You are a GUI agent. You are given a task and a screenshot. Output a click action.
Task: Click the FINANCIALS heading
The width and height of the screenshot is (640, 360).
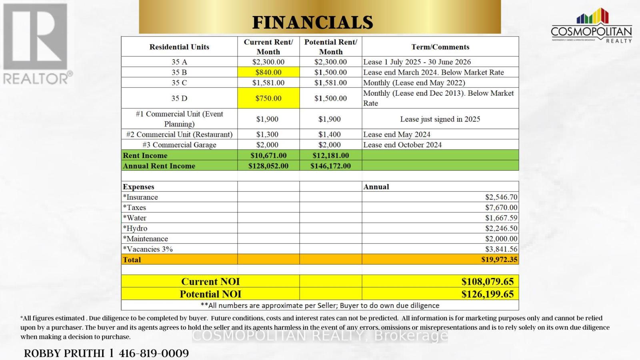[x=312, y=22]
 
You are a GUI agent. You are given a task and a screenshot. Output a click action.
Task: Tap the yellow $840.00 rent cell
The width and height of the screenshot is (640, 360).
[x=268, y=72]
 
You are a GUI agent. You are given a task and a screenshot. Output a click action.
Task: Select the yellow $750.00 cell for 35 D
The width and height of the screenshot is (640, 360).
[x=268, y=98]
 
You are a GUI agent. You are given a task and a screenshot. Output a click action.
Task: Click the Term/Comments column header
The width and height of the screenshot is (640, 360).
[x=440, y=47]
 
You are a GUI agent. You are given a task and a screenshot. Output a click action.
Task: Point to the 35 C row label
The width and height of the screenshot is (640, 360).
[x=179, y=83]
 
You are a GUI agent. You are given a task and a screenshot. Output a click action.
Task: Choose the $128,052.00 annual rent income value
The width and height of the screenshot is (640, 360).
[x=268, y=166]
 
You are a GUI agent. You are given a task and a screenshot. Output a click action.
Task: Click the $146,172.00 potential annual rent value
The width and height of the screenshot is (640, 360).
[x=330, y=166]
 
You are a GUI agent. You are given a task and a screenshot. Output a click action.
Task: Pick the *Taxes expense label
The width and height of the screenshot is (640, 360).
[x=134, y=207]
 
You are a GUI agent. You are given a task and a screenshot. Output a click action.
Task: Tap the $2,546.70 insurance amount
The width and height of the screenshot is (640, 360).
[x=501, y=197]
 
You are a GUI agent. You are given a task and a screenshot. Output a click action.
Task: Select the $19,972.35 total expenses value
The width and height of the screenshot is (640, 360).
[x=499, y=259]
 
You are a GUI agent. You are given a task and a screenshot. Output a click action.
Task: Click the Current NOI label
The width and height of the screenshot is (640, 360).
[x=210, y=281]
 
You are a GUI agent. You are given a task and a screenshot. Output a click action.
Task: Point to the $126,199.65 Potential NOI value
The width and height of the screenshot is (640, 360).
[x=487, y=294]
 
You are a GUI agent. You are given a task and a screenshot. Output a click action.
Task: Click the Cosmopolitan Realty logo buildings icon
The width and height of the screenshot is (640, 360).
[x=592, y=17]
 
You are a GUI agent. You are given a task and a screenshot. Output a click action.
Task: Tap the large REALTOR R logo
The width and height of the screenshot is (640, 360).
[x=35, y=37]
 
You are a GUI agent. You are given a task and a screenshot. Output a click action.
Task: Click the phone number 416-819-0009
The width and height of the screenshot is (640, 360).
[x=154, y=353]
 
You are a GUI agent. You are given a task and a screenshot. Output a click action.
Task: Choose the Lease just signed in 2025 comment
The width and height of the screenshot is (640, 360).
[x=440, y=119]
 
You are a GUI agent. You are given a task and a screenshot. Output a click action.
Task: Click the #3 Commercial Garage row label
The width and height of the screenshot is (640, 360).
[x=179, y=145]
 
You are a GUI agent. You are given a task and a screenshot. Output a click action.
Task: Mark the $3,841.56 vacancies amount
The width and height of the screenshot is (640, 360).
[x=501, y=249]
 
